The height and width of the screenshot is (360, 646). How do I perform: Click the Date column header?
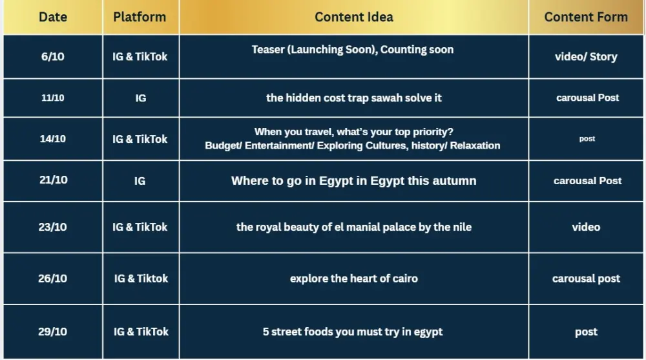pos(53,17)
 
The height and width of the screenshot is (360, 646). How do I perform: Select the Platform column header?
pos(140,17)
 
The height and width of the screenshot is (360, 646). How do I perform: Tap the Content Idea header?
pos(353,17)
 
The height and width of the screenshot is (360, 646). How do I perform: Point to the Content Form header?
pos(586,17)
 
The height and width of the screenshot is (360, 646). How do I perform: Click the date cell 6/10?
pos(53,57)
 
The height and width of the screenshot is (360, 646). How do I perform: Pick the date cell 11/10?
pos(53,98)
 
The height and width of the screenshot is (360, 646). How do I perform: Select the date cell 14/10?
pos(53,139)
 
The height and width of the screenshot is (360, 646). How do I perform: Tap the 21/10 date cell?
pos(53,180)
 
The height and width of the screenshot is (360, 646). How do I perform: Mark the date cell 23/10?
pos(53,227)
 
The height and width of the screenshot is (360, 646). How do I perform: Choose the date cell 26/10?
pos(53,279)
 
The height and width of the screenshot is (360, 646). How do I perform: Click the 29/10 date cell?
pos(53,332)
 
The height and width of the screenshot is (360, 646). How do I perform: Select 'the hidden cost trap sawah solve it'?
pos(353,98)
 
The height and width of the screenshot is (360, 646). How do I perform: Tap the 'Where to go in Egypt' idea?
pos(353,181)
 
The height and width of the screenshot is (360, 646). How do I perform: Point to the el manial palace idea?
pos(353,227)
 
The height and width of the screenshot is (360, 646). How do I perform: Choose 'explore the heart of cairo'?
pos(353,279)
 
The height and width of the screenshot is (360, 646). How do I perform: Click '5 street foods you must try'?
pos(353,332)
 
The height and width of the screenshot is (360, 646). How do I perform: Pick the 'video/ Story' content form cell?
pos(586,57)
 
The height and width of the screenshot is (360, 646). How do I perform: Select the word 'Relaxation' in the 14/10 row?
pos(475,145)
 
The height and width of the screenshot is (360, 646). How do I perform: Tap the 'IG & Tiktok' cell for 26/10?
pos(141,279)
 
